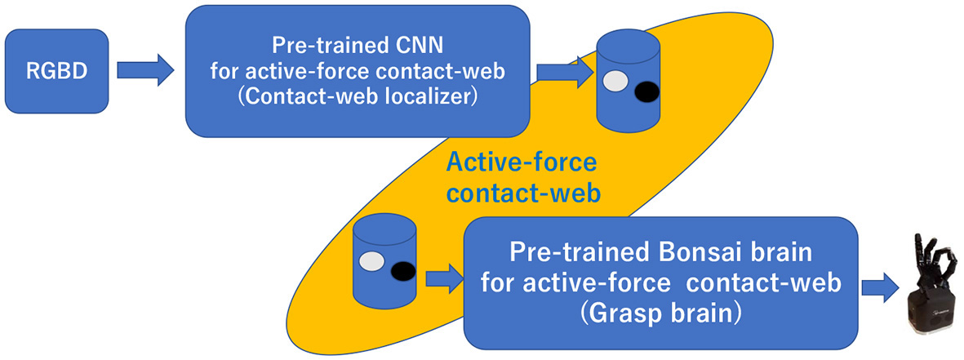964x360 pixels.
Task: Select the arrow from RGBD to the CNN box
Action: tap(145, 70)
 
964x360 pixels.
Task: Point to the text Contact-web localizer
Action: tap(358, 96)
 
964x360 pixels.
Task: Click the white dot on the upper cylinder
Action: tap(615, 81)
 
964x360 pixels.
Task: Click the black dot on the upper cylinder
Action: tap(646, 91)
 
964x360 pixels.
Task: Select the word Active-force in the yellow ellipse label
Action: tap(521, 162)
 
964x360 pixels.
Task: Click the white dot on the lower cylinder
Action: tap(371, 261)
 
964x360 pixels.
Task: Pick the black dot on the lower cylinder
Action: tap(401, 272)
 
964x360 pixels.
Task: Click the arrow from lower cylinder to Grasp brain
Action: tap(444, 280)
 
